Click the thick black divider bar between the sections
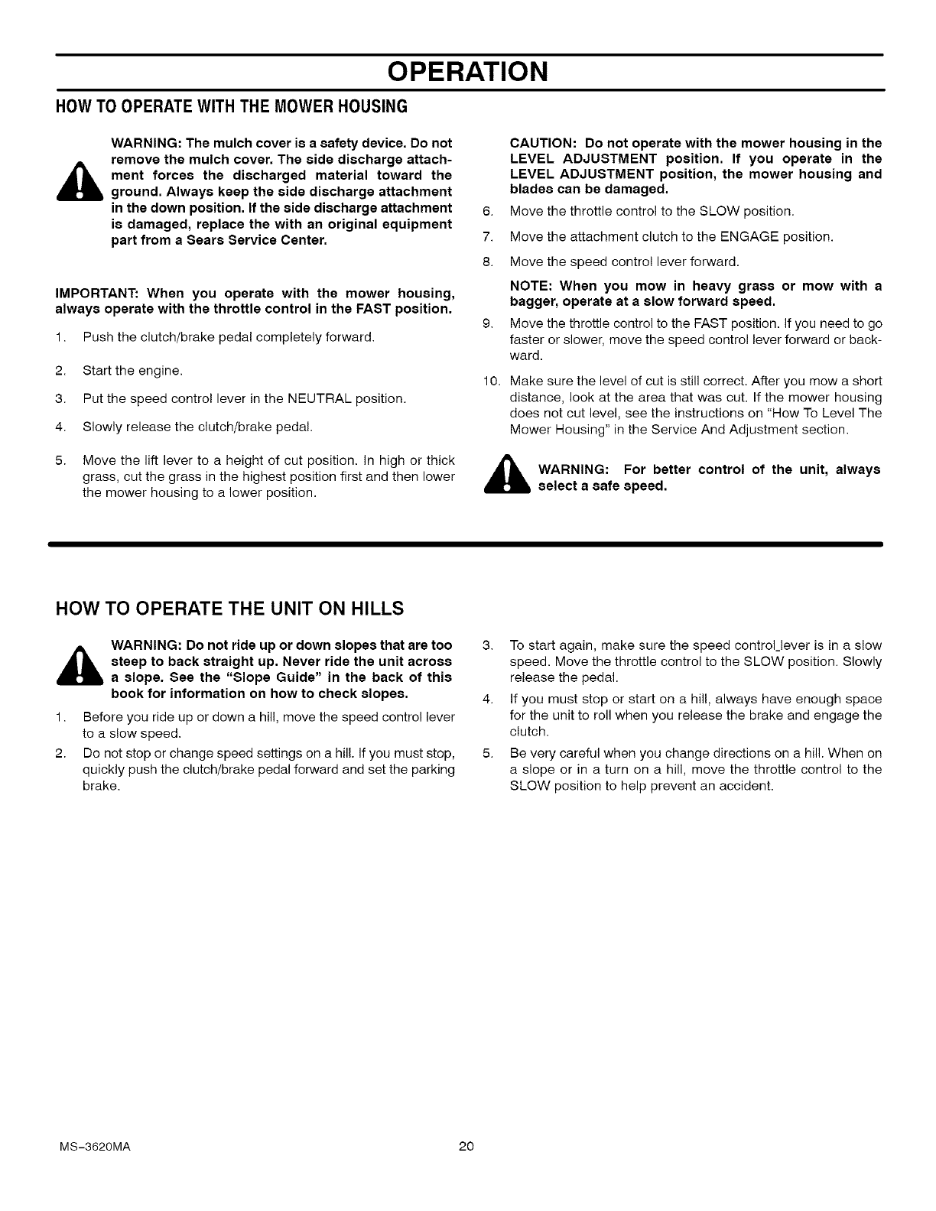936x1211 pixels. [x=466, y=544]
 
